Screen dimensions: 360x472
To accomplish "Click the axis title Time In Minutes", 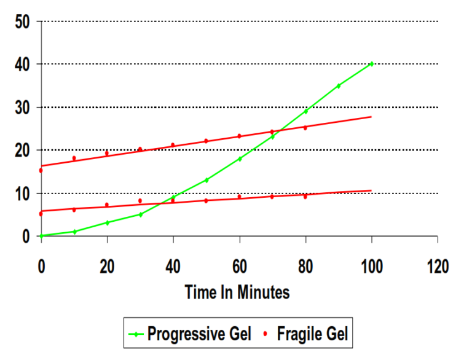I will pyautogui.click(x=237, y=292).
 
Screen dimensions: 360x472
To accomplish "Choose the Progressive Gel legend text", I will pyautogui.click(x=200, y=334).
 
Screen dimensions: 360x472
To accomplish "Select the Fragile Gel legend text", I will pyautogui.click(x=312, y=334).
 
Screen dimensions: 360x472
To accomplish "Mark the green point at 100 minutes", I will pyautogui.click(x=371, y=64).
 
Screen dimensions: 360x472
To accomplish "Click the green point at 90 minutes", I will pyautogui.click(x=338, y=86).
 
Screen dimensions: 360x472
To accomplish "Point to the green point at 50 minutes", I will pyautogui.click(x=206, y=180).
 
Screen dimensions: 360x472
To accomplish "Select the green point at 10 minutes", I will pyautogui.click(x=74, y=232).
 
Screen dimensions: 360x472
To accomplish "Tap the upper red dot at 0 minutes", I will pyautogui.click(x=41, y=170).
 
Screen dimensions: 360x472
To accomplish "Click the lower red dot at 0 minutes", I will pyautogui.click(x=41, y=214).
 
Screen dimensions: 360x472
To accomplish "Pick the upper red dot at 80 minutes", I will pyautogui.click(x=305, y=128).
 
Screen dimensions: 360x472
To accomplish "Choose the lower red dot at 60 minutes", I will pyautogui.click(x=239, y=197).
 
